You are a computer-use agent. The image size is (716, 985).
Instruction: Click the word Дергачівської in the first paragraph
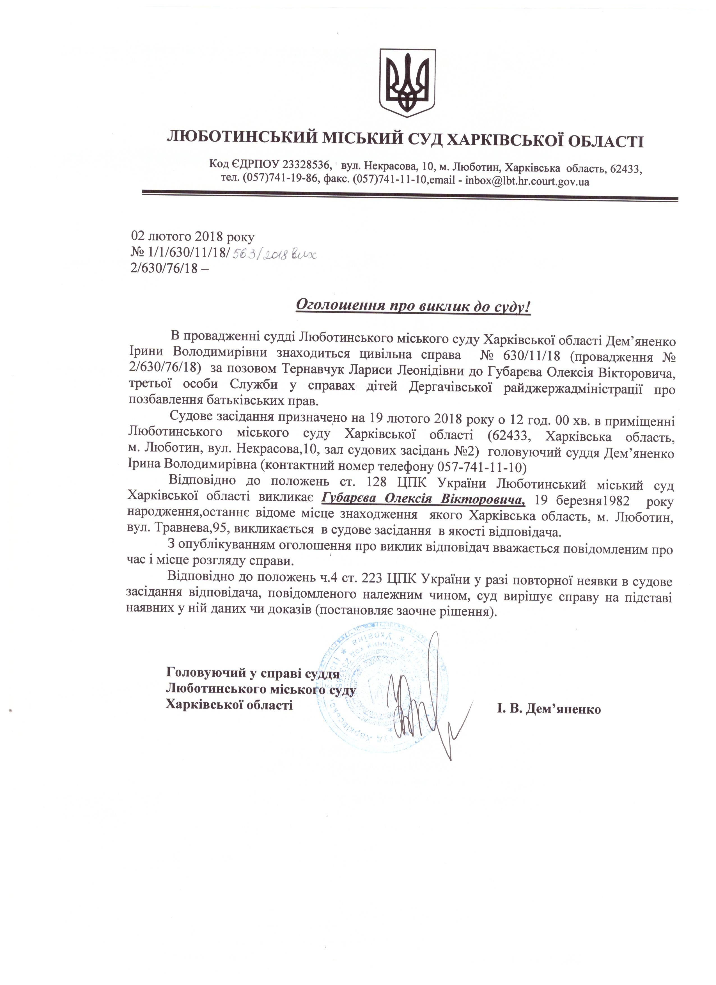click(x=450, y=388)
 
